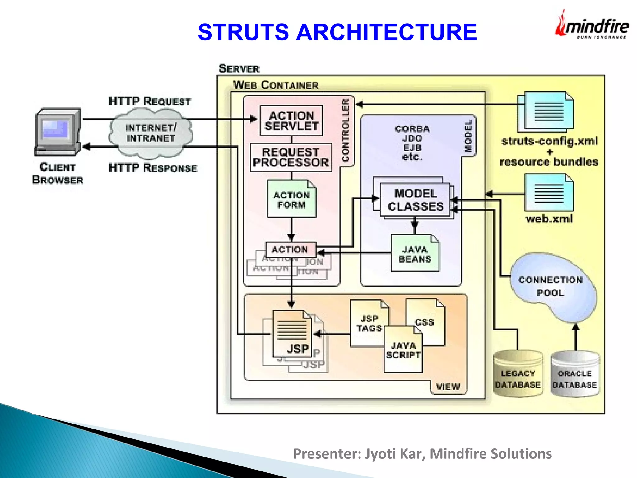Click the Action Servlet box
click(291, 121)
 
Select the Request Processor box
click(291, 157)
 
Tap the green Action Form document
click(291, 199)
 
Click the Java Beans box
click(415, 254)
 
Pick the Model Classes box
click(415, 200)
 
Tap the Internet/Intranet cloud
click(151, 133)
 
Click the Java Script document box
click(403, 350)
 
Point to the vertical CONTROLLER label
click(345, 131)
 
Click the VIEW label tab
click(448, 387)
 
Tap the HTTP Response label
click(153, 168)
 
